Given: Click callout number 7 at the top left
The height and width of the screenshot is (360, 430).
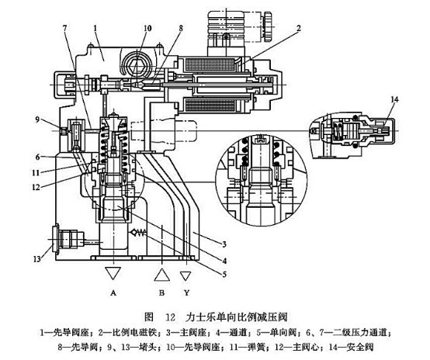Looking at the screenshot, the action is pos(65,28).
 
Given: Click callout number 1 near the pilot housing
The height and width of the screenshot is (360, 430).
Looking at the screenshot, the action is pos(95,28).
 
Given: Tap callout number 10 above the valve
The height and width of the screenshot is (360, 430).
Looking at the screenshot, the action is pos(147,28).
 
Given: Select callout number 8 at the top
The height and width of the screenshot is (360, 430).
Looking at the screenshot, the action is pos(181,28).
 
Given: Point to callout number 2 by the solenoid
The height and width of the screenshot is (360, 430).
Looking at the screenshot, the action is pos(299,28).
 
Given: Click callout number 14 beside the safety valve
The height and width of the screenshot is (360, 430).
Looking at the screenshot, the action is pos(394,99).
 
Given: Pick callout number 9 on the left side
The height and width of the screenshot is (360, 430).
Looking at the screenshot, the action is pos(37,119).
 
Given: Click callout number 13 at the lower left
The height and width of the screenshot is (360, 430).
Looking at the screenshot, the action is pos(37,258).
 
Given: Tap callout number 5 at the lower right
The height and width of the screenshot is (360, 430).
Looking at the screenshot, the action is pos(224,274).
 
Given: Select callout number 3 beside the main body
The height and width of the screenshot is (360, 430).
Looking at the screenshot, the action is pos(224,244).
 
